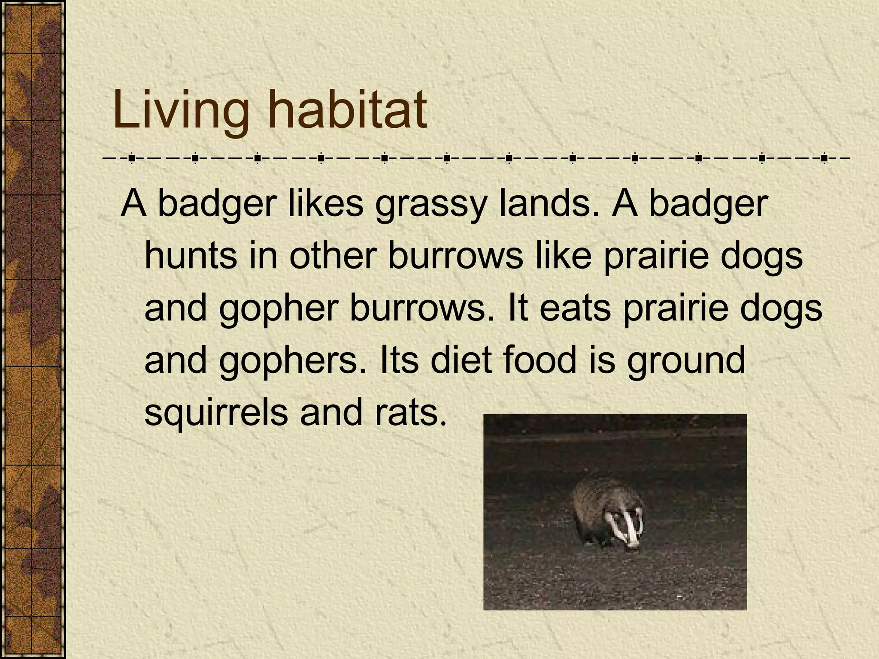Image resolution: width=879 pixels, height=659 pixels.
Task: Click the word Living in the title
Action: [180, 111]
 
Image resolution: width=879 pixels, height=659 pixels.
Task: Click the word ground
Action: [685, 361]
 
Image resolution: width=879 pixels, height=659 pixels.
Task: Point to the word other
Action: [333, 255]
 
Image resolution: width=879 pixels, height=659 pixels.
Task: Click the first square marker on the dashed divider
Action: [132, 158]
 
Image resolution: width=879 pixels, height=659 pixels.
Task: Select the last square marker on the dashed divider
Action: [824, 158]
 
